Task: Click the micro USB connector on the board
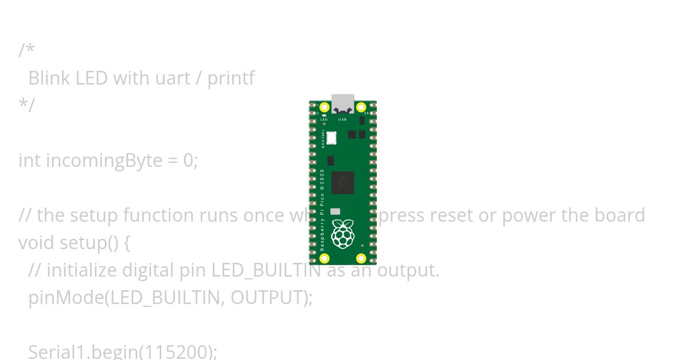point(342,103)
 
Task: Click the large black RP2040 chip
point(342,183)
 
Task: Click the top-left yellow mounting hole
point(324,107)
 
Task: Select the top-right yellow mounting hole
point(361,107)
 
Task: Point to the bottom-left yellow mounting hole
point(324,258)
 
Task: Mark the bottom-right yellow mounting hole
point(361,258)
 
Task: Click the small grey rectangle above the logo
point(335,211)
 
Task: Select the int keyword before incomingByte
point(29,161)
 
